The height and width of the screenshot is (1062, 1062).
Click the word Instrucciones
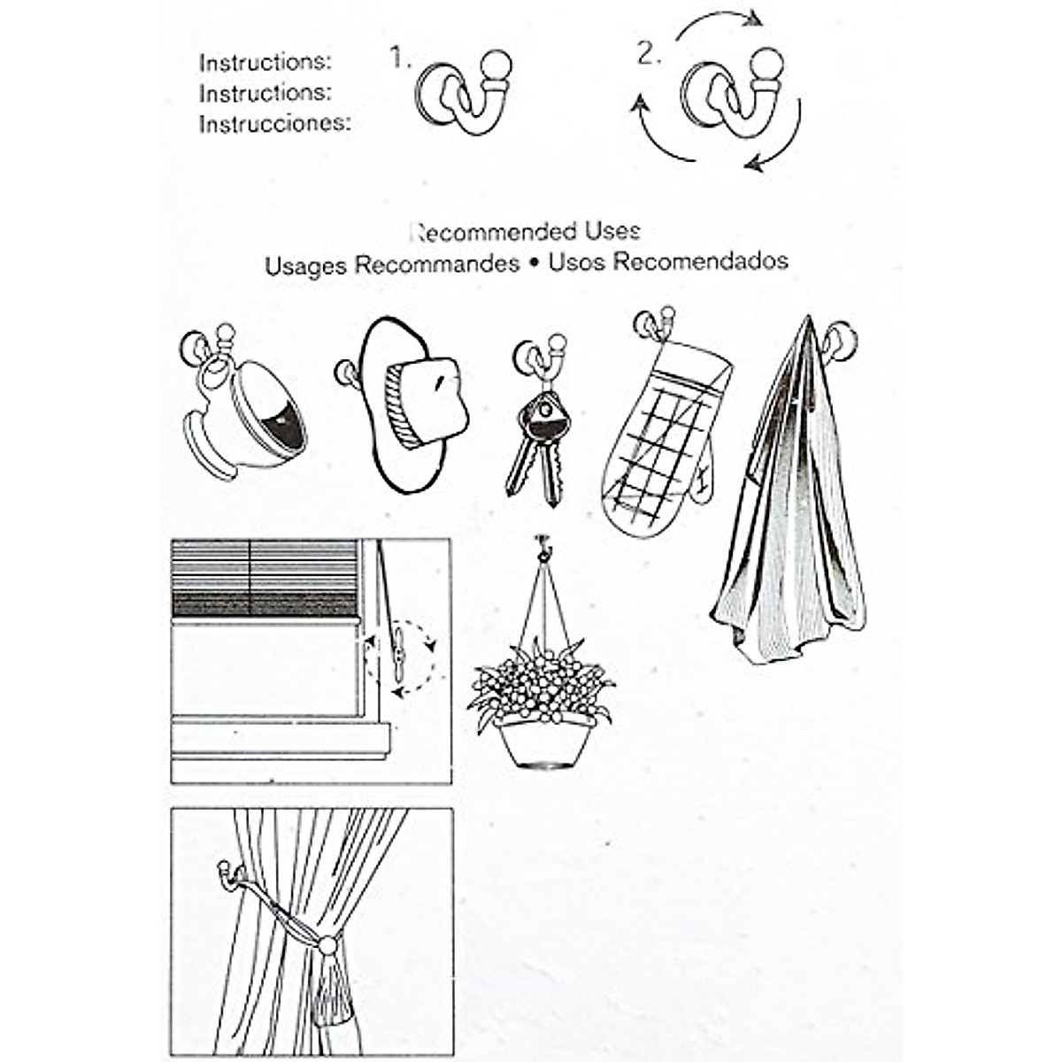[x=274, y=124]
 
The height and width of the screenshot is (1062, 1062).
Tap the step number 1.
[x=400, y=58]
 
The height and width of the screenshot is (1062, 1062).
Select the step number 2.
[x=649, y=55]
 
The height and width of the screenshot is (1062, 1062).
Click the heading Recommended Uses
[x=526, y=233]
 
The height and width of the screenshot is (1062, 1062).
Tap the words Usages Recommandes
[x=392, y=265]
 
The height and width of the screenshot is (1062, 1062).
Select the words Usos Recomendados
[x=668, y=262]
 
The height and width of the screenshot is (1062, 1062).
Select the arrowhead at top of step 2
[x=752, y=19]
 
